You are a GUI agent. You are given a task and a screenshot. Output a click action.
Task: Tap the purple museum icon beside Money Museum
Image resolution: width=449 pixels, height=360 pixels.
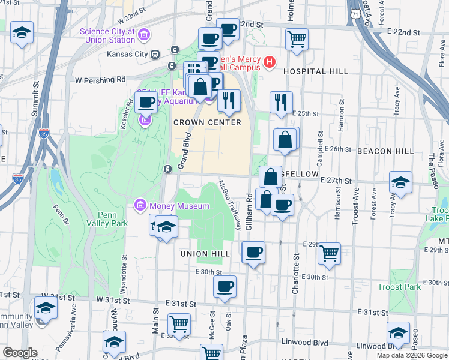[140, 206]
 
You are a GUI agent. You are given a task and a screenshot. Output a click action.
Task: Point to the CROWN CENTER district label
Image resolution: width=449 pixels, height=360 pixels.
[207, 122]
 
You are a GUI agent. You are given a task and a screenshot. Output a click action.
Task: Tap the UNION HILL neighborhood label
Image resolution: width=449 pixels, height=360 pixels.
[206, 254]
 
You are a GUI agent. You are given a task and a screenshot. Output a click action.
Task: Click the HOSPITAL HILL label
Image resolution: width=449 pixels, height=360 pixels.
[315, 71]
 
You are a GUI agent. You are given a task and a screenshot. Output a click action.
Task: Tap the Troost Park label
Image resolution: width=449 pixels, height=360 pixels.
[399, 287]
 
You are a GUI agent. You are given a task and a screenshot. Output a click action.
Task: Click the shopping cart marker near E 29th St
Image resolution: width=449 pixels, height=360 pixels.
[329, 253]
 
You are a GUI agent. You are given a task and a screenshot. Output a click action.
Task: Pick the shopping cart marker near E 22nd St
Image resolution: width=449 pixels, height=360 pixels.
[297, 40]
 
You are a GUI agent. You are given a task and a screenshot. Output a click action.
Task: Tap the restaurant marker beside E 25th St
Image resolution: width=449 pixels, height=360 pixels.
[281, 103]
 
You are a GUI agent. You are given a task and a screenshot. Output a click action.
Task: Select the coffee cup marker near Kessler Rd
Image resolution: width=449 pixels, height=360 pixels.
[146, 103]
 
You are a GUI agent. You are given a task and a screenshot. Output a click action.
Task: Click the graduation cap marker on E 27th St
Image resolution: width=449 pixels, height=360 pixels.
[400, 182]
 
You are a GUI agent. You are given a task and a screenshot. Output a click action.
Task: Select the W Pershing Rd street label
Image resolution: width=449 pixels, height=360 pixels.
[100, 79]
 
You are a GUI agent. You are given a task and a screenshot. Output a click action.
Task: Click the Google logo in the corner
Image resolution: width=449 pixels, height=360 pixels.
[20, 353]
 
